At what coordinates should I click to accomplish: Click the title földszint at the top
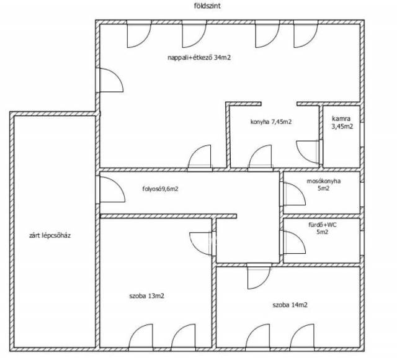point(207,6)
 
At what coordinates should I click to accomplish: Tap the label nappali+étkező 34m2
point(199,58)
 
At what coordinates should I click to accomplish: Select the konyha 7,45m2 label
point(271,122)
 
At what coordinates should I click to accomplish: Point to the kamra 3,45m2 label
point(342,122)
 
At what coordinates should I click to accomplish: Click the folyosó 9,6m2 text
point(160,189)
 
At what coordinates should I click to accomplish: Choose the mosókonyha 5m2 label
point(324,185)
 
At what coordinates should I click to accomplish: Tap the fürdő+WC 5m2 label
point(323,228)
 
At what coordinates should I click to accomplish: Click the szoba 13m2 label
point(146,296)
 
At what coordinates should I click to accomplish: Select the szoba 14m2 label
point(290,305)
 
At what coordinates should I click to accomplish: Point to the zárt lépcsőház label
point(50,236)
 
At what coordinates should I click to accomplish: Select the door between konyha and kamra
point(308,151)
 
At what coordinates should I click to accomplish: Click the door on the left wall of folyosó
point(112,189)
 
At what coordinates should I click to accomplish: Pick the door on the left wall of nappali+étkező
point(112,80)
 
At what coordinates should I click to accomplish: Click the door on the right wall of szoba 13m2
point(201,243)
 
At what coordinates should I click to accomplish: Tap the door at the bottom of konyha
point(261,156)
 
